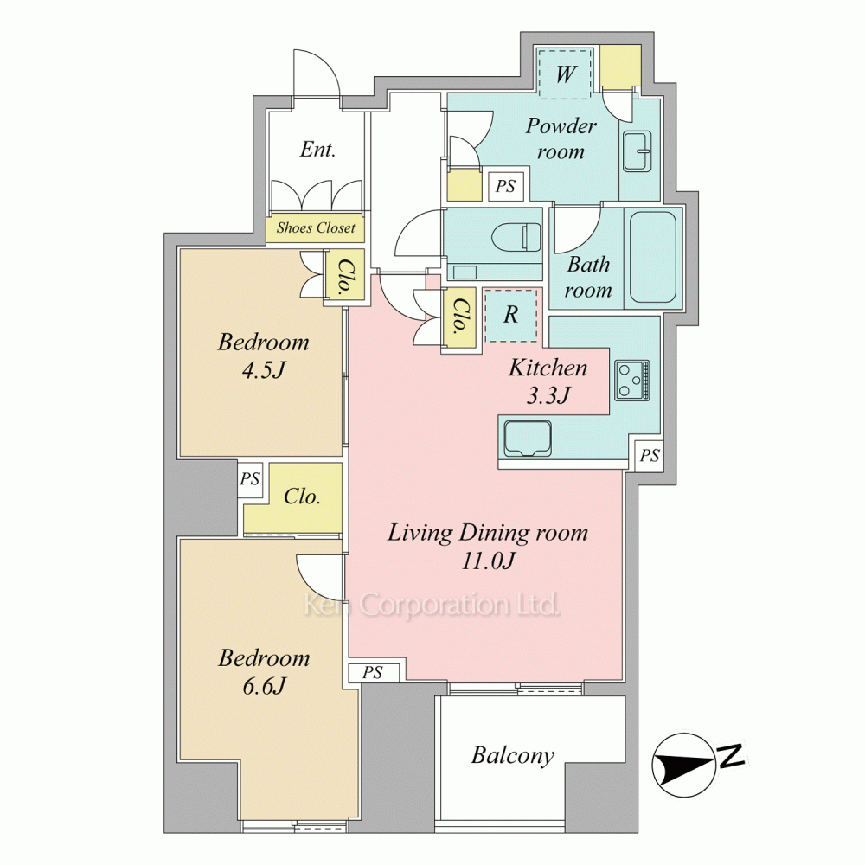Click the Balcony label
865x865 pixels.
click(512, 755)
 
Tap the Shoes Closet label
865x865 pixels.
click(316, 227)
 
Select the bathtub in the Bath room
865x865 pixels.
click(653, 257)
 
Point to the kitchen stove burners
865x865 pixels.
click(632, 380)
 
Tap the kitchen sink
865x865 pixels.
click(528, 439)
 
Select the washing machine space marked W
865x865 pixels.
click(565, 74)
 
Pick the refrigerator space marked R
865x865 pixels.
click(511, 315)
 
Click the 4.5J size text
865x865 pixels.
click(264, 370)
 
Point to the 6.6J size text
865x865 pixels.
click(264, 686)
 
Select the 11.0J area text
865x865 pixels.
click(488, 561)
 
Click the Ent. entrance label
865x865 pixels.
click(317, 150)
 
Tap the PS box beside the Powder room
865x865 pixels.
click(506, 187)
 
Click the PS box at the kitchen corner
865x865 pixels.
click(650, 456)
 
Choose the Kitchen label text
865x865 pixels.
click(548, 368)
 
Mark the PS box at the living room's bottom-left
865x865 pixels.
click(373, 673)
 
